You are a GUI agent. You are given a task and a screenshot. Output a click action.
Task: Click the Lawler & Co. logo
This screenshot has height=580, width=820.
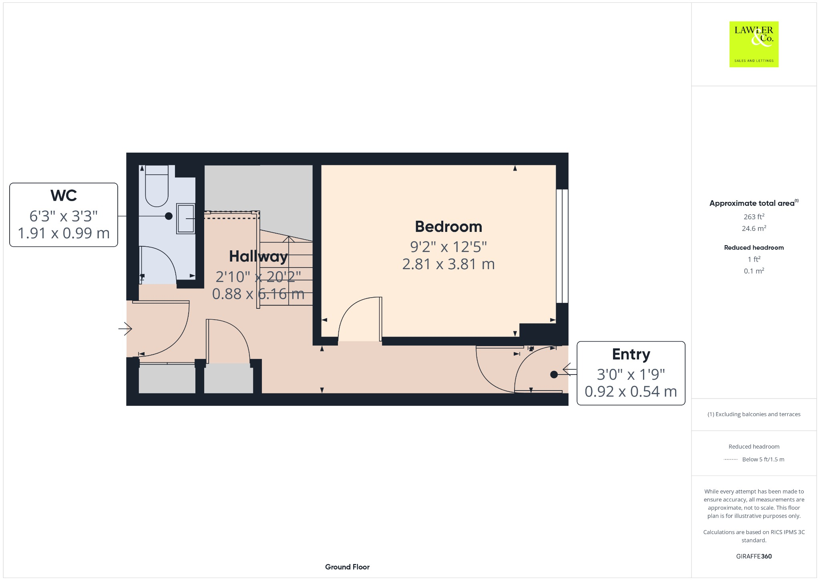(754, 44)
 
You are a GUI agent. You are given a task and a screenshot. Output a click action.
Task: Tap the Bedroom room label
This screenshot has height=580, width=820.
(448, 227)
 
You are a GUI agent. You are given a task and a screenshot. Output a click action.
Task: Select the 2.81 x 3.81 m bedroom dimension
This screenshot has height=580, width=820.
(448, 264)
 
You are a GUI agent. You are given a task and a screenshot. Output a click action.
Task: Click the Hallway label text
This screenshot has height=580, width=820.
(258, 256)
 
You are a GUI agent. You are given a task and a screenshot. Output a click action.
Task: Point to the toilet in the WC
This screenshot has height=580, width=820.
(157, 188)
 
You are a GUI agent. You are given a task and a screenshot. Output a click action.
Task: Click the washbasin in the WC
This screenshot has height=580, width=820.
(186, 219)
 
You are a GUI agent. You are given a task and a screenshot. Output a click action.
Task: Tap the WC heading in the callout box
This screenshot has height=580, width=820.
(64, 195)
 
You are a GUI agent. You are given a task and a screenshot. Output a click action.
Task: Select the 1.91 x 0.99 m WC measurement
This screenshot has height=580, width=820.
(64, 233)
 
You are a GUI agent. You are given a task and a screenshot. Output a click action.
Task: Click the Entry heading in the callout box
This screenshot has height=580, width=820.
(631, 354)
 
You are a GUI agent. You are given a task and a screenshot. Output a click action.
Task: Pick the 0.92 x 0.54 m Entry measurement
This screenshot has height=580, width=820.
(631, 391)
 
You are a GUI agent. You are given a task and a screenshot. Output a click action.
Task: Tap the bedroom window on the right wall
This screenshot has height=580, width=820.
(562, 246)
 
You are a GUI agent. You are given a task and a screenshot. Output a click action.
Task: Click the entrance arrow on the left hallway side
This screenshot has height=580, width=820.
(125, 329)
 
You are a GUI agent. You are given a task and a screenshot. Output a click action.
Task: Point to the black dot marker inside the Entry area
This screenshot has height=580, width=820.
(554, 375)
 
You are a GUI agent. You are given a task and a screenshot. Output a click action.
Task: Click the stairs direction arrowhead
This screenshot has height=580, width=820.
(289, 239)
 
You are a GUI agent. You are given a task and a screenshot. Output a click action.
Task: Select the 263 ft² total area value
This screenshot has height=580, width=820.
(754, 217)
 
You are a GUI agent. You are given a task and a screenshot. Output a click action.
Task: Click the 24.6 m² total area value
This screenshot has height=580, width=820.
(754, 228)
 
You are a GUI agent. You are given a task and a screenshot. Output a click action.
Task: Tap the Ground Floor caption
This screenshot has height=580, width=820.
(347, 567)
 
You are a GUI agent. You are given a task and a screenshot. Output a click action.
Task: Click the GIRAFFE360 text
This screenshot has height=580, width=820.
(754, 556)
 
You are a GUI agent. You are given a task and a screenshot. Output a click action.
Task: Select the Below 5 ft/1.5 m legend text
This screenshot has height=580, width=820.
(763, 459)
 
